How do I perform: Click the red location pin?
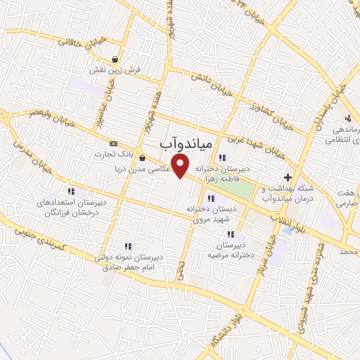pos(181,166)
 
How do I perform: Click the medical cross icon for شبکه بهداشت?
pos(288,176)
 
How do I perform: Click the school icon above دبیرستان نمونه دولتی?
pos(128,246)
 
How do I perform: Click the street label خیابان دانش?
pos(216,89)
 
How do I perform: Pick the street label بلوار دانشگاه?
pos(222,336)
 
